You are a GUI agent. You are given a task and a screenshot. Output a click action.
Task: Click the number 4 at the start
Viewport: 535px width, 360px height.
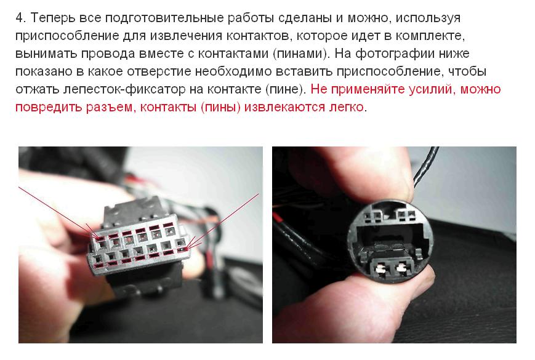[x=20, y=18]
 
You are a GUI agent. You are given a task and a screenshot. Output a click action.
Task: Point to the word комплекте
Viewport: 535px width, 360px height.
[x=429, y=36]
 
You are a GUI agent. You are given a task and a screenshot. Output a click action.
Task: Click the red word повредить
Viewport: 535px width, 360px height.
[x=49, y=108]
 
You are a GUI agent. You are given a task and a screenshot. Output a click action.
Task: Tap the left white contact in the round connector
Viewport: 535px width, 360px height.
[x=379, y=269]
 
